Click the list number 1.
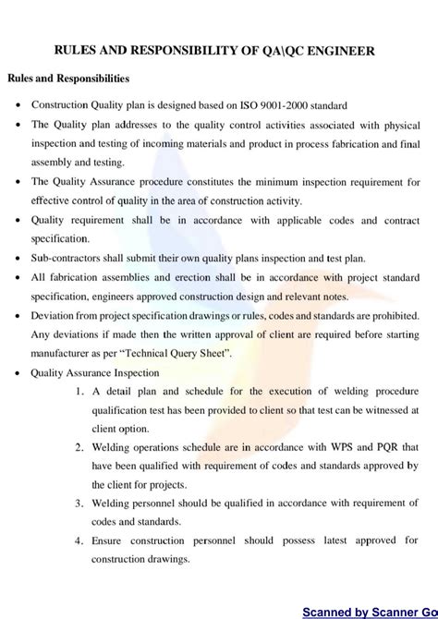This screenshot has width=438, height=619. [81, 392]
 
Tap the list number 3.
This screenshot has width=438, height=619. [81, 504]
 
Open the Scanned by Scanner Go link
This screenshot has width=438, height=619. [370, 611]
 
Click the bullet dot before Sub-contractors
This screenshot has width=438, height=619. [18, 260]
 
